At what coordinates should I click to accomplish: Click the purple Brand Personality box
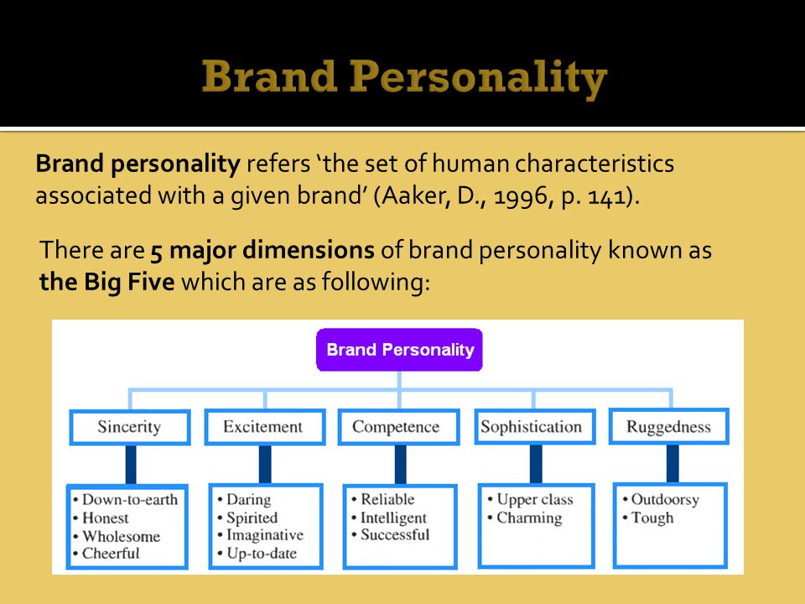coord(399,350)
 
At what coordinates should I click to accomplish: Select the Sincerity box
coord(130,427)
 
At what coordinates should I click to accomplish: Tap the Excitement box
coord(265,427)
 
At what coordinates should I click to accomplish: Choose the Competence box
coord(398,427)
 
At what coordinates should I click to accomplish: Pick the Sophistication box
coord(535,427)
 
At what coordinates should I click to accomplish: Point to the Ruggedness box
coord(669,427)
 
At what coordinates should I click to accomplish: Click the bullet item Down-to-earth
coord(125,500)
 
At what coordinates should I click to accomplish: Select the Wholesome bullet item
coord(117,536)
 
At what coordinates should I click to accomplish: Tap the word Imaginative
coord(265,535)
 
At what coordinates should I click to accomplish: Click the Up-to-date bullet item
coord(257,554)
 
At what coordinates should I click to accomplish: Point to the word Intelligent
coord(393,518)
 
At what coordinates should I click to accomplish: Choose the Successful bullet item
coord(390,534)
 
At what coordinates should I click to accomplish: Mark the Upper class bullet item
coord(530,500)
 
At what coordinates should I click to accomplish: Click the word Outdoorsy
coord(665,500)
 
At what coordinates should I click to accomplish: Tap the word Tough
coord(652,518)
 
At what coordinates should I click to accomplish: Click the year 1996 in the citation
coord(521,196)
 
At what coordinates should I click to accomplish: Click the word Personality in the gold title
coord(479,77)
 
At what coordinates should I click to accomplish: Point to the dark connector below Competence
coord(401,464)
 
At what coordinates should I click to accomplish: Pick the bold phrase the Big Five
coord(106,282)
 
